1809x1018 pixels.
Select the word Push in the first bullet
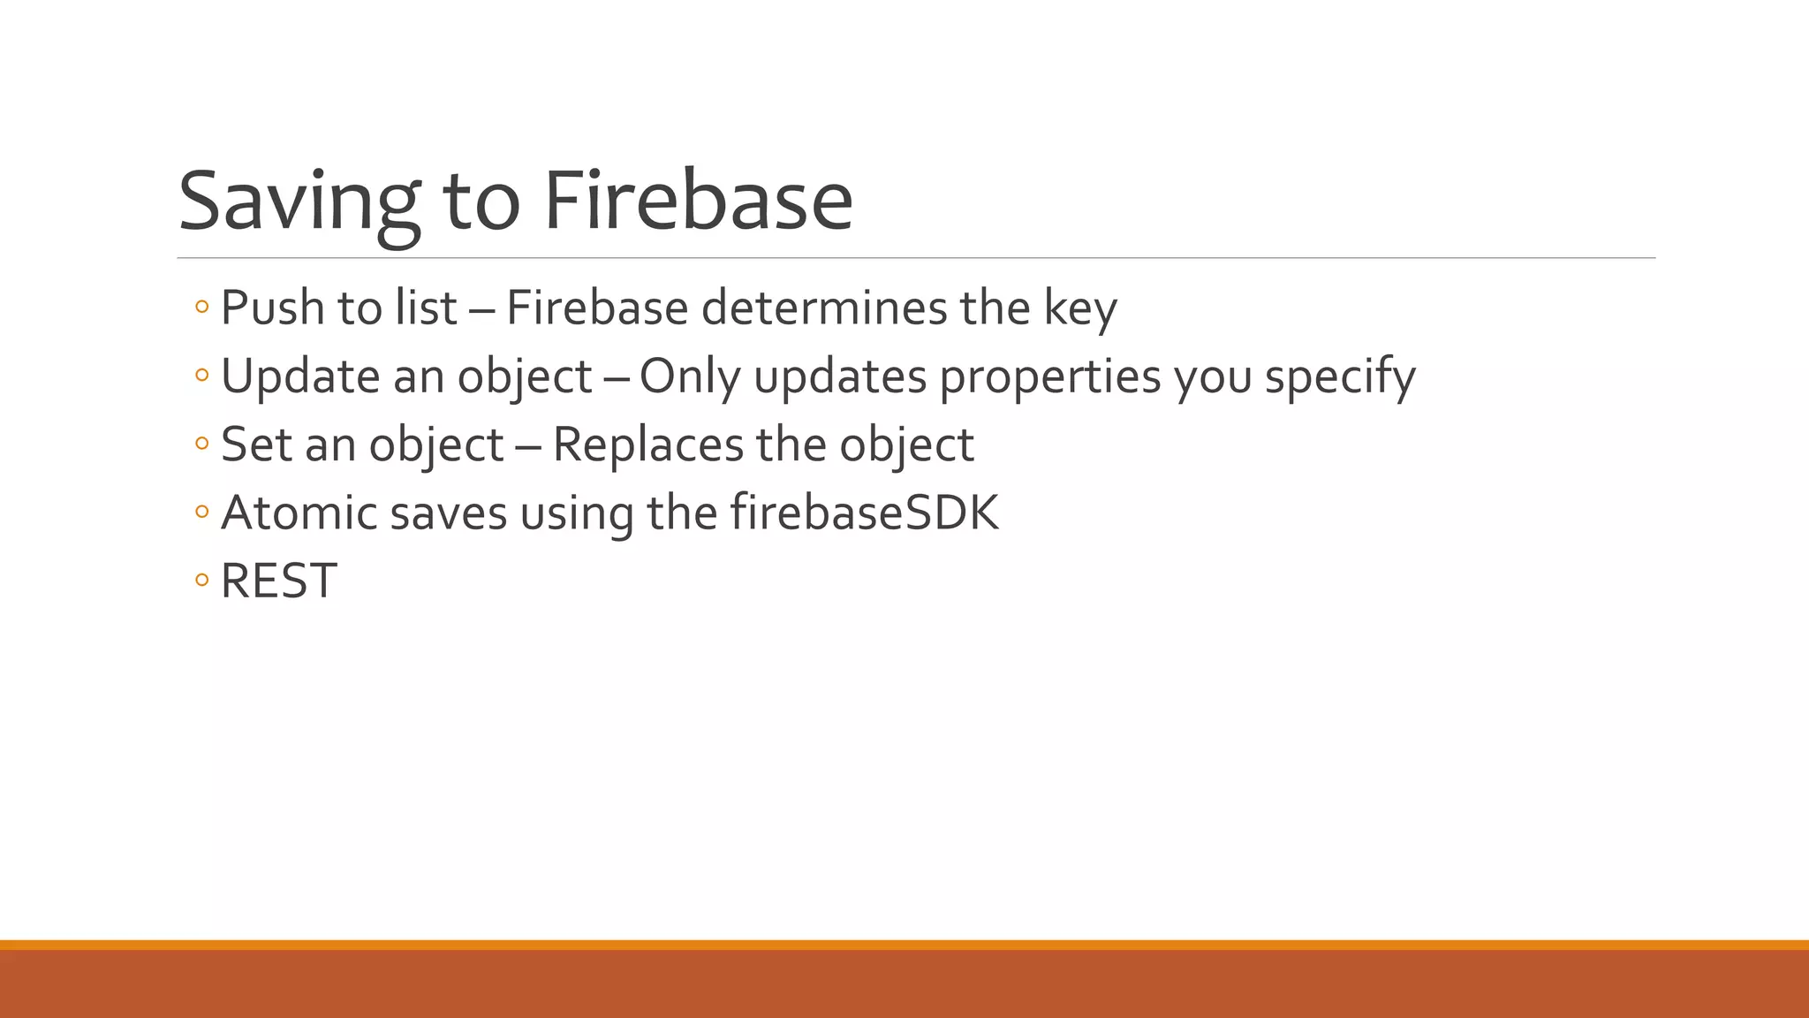coord(273,308)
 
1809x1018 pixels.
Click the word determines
coord(824,308)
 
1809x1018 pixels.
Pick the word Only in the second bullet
coord(690,376)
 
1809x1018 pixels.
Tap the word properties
coord(1049,376)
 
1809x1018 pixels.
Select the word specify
coord(1340,376)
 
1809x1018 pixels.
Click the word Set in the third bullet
coord(256,444)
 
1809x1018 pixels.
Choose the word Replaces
coord(647,444)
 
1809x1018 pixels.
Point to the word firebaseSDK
coord(865,513)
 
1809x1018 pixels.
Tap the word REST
coord(278,581)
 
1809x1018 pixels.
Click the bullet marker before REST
coord(202,581)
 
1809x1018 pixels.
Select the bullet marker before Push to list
coord(202,308)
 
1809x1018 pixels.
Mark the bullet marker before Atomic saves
coord(202,512)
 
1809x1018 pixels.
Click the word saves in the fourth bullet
coord(448,513)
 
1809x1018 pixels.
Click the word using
coord(576,513)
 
